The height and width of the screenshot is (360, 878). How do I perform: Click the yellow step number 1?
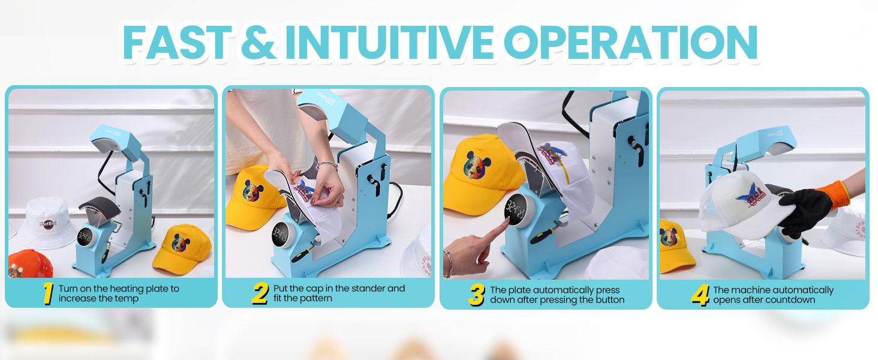click(x=48, y=294)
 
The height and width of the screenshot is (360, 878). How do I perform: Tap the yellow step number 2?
click(x=260, y=294)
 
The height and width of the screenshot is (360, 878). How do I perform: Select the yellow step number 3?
click(x=476, y=295)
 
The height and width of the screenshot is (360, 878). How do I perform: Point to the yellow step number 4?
click(x=700, y=295)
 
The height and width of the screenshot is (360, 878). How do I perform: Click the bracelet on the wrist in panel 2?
click(x=325, y=165)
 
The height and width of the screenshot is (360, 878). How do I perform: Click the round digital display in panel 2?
click(x=281, y=231)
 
